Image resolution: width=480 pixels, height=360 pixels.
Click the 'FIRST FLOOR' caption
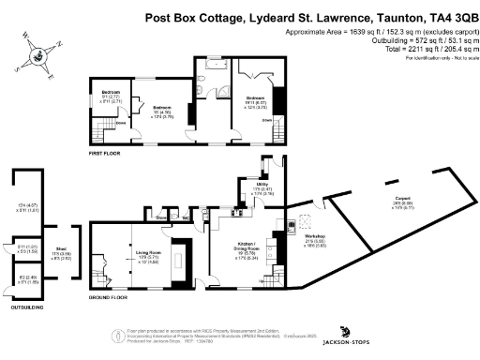click(x=107, y=151)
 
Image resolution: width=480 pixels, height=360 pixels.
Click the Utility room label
click(x=264, y=188)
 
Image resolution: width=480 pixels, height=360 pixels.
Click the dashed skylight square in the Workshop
click(x=307, y=222)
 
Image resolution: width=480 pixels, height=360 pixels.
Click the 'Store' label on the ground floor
click(x=161, y=217)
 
